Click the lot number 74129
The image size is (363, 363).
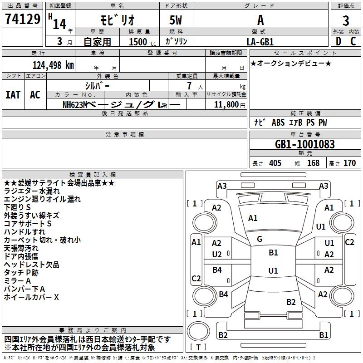pos(22,19)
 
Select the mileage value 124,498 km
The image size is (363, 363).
pos(53,65)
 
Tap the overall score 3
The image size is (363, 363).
pos(346,20)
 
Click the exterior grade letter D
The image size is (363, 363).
pos(338,41)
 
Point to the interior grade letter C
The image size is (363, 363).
pos(353,41)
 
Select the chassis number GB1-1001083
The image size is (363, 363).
pos(305,144)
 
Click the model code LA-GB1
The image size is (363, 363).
pos(260,42)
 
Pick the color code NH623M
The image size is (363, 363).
pos(75,105)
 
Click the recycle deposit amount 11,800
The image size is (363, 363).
pos(226,105)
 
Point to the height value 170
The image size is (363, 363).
pos(349,163)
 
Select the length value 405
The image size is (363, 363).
pos(275,163)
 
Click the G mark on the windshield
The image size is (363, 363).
pos(260,239)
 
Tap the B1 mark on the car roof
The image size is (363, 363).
pos(273,253)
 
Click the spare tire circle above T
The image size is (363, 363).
pos(198,331)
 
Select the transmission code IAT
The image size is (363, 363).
pos(13,95)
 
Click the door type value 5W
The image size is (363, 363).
pos(176,20)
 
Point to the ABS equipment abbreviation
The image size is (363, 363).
pos(278,123)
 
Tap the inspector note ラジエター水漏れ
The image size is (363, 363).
pos(32,191)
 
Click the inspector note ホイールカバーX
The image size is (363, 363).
pos(31,297)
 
